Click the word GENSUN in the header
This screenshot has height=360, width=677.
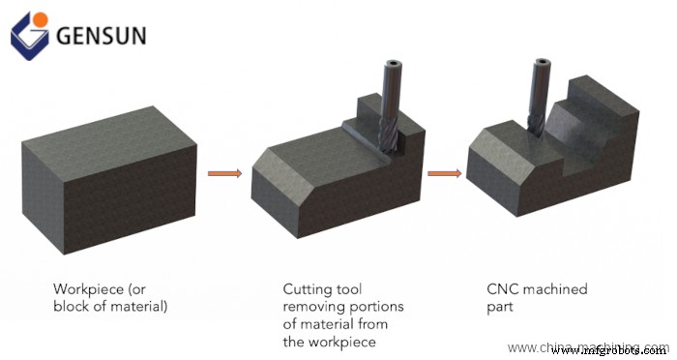[x=101, y=36]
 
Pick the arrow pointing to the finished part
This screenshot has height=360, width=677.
[x=444, y=174]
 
